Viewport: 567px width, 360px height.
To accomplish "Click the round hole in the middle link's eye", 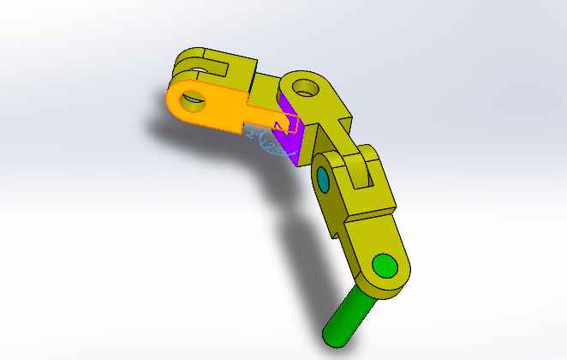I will [x=303, y=87].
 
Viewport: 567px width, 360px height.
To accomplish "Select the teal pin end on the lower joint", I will [x=324, y=180].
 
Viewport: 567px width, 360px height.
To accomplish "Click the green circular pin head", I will [x=385, y=267].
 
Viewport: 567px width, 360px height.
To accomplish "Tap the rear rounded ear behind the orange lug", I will [x=190, y=63].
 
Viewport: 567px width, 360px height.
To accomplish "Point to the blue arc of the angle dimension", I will [x=266, y=153].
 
